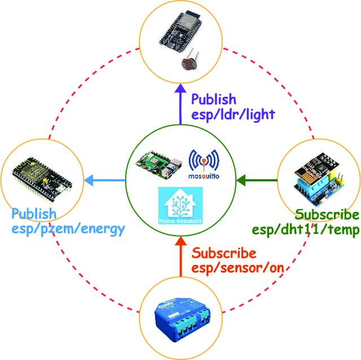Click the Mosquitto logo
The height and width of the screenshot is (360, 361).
204,164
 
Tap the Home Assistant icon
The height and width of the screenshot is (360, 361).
180,206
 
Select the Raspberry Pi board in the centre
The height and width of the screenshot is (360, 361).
159,165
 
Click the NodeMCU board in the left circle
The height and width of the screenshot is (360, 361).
42,180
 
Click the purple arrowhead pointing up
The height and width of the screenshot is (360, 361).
180,88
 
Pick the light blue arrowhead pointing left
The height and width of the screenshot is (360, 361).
89,180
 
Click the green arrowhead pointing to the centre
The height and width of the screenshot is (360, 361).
241,180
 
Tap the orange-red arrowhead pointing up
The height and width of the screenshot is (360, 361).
180,241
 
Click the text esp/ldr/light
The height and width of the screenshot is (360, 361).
233,114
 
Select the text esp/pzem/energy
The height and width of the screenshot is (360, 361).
68,229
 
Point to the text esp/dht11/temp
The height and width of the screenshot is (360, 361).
306,229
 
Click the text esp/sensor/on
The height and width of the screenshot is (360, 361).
237,268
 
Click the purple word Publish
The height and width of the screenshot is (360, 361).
214,99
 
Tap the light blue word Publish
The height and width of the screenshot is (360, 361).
34,214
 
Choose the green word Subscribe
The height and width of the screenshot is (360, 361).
327,215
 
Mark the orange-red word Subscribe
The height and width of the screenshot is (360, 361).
224,253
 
